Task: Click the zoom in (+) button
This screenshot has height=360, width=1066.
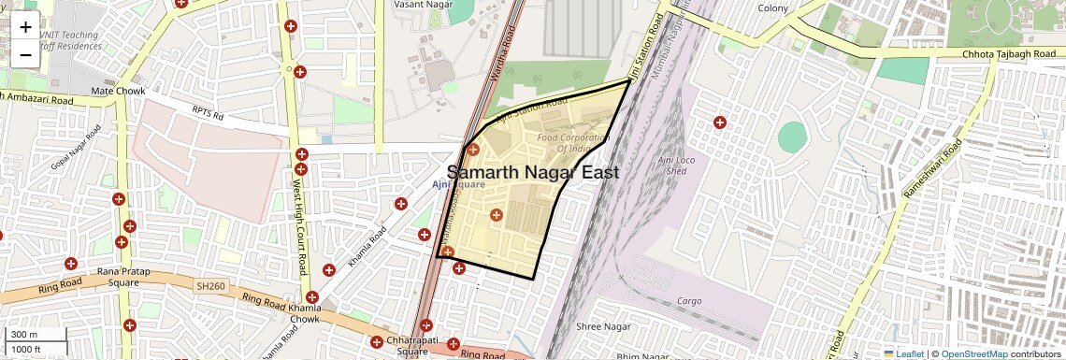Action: coord(25,28)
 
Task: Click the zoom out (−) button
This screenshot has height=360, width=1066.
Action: coord(25,55)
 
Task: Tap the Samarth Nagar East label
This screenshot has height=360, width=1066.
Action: coord(533,173)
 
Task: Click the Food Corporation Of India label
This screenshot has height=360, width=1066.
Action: coord(572,143)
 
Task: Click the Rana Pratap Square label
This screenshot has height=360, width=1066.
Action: coord(119,277)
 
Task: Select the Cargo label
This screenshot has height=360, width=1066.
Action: coord(689,301)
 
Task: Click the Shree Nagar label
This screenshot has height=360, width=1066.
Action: coord(600,326)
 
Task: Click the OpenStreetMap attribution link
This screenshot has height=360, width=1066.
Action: coord(973,353)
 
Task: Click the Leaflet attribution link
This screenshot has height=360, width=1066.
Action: coord(906,353)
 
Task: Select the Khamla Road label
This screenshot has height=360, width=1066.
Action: coord(367,246)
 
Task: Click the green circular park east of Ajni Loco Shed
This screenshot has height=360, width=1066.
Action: coord(792,137)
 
